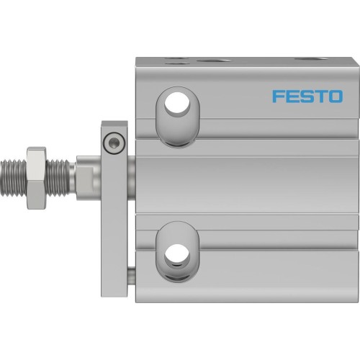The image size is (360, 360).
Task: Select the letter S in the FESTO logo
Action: point(307,96)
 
